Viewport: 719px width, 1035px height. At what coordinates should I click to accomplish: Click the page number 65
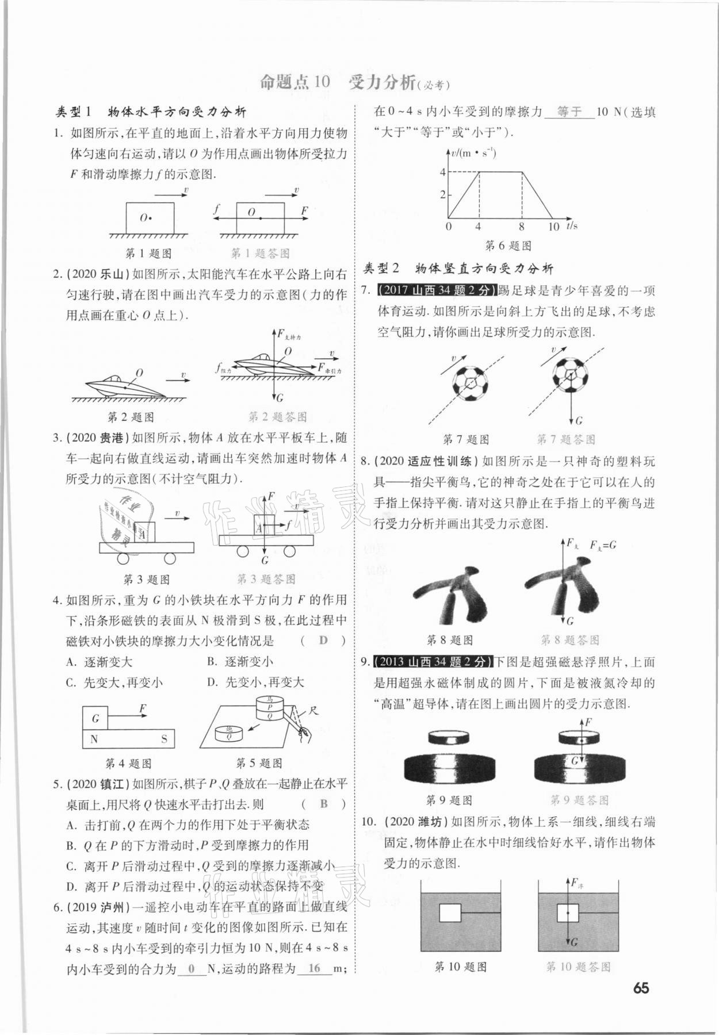(x=640, y=988)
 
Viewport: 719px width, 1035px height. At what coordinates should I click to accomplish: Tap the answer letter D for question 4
(x=323, y=641)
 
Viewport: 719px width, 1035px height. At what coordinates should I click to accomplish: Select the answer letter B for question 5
(x=324, y=804)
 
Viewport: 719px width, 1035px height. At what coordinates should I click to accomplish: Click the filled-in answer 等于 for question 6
(x=569, y=112)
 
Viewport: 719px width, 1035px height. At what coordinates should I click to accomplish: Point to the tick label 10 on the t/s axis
(x=553, y=227)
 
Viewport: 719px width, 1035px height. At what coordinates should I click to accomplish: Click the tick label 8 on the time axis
(x=521, y=227)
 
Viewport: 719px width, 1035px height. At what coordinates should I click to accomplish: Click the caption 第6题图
(x=508, y=246)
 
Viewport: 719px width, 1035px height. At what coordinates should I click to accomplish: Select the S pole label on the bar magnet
(x=164, y=739)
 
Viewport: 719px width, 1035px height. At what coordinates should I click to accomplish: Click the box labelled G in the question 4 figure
(x=95, y=718)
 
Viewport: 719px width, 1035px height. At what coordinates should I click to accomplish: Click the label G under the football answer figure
(x=579, y=421)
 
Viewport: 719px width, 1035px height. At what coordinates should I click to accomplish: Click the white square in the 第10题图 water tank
(x=450, y=913)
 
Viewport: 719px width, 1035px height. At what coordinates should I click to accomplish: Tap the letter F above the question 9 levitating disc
(x=588, y=722)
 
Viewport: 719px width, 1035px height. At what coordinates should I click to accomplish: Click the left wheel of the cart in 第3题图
(x=123, y=558)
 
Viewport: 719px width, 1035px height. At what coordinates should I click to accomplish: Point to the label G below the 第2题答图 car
(x=280, y=398)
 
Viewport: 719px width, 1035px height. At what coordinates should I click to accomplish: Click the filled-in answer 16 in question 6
(x=314, y=968)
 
